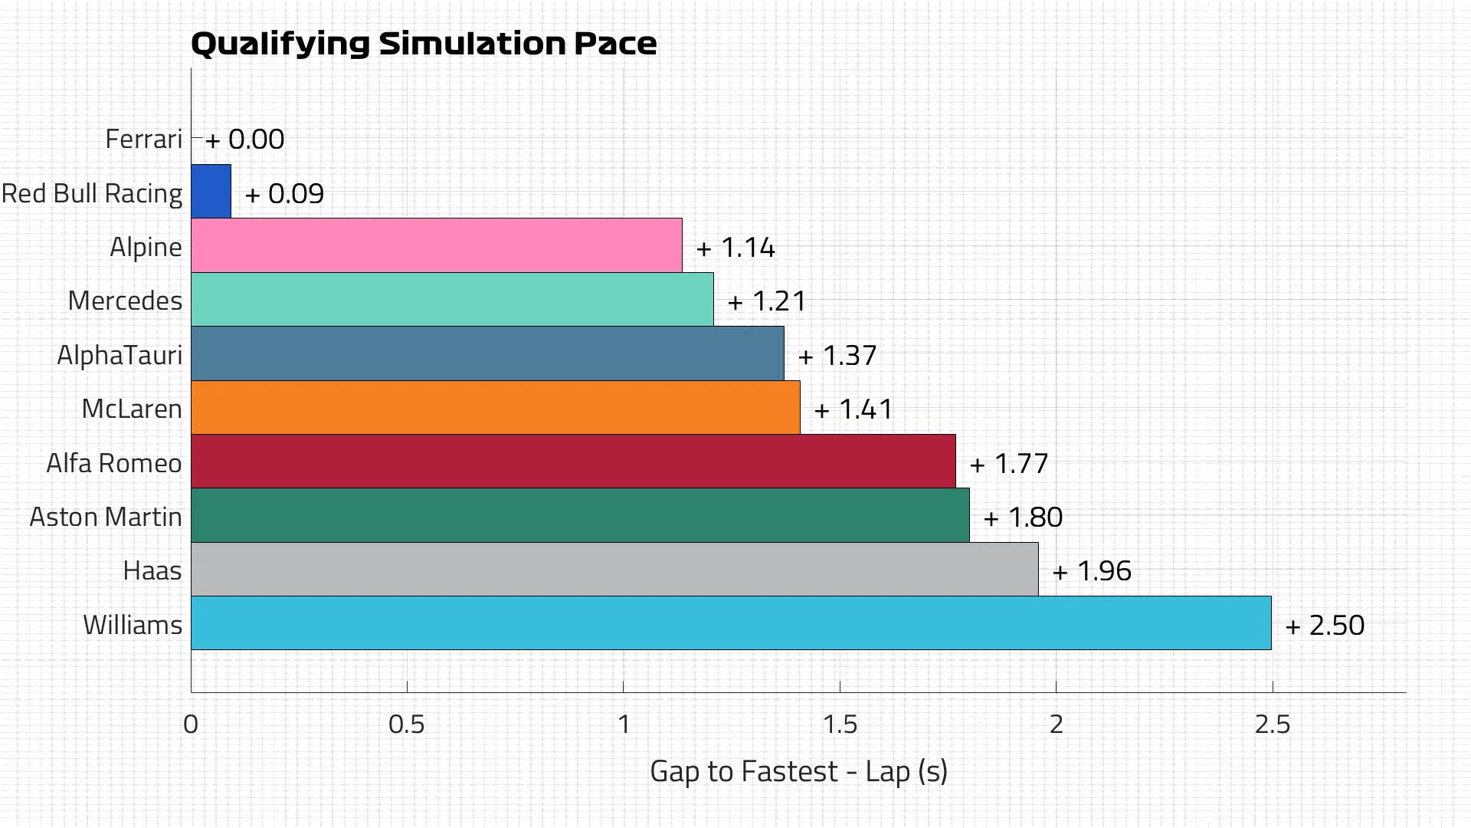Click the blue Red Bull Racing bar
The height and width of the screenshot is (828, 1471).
point(211,191)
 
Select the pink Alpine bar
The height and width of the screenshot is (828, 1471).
point(436,245)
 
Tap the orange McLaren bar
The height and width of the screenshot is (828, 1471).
point(495,407)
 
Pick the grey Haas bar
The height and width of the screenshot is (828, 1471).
point(614,569)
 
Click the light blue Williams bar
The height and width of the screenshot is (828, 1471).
point(731,623)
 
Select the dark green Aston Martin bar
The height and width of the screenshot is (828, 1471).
point(580,515)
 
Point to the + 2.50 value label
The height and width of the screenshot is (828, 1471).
point(1325,626)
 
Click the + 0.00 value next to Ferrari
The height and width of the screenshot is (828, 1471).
point(245,140)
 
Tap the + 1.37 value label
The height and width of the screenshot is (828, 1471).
point(837,356)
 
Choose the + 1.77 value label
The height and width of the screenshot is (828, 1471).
point(1009,464)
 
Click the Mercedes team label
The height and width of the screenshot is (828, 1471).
point(125,301)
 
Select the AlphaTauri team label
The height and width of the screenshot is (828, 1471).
point(120,355)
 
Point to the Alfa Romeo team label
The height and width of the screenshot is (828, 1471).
point(114,463)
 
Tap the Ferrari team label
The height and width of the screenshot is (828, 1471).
point(143,139)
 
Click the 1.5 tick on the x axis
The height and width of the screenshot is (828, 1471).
point(840,724)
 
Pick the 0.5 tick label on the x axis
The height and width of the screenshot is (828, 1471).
point(406,724)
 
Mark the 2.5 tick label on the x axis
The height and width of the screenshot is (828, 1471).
point(1272,724)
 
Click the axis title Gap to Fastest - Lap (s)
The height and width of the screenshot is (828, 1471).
point(798,771)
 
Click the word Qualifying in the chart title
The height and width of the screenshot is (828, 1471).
point(280,44)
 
